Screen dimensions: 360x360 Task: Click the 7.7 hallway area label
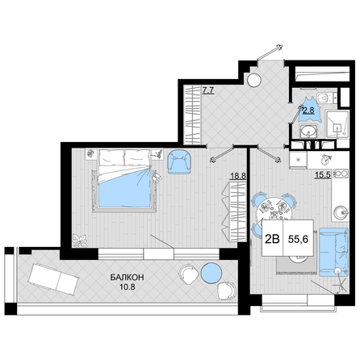click(x=208, y=90)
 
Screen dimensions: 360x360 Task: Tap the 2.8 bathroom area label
click(x=308, y=111)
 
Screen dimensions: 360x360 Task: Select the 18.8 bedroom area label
click(x=238, y=176)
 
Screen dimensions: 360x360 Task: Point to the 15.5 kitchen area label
click(x=323, y=175)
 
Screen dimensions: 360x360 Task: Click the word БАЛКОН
click(x=127, y=278)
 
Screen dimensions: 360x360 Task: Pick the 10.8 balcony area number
click(x=128, y=287)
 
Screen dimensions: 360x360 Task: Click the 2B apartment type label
click(x=272, y=239)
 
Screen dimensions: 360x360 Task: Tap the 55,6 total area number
click(x=298, y=239)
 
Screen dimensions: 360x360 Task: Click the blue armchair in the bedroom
click(x=179, y=162)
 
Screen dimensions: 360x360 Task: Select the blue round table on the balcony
click(x=211, y=273)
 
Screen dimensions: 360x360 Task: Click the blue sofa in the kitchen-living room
click(x=333, y=253)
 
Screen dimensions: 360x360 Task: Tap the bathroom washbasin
click(x=308, y=131)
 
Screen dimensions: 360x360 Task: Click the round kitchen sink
click(x=341, y=213)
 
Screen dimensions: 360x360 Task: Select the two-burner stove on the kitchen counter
click(x=341, y=174)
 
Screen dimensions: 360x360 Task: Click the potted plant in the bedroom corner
click(x=80, y=241)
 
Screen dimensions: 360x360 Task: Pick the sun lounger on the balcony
click(x=53, y=279)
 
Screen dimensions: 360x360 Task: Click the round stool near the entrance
click(x=254, y=80)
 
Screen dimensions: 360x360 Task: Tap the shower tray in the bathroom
click(x=337, y=124)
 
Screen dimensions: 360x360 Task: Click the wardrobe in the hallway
click(x=193, y=115)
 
